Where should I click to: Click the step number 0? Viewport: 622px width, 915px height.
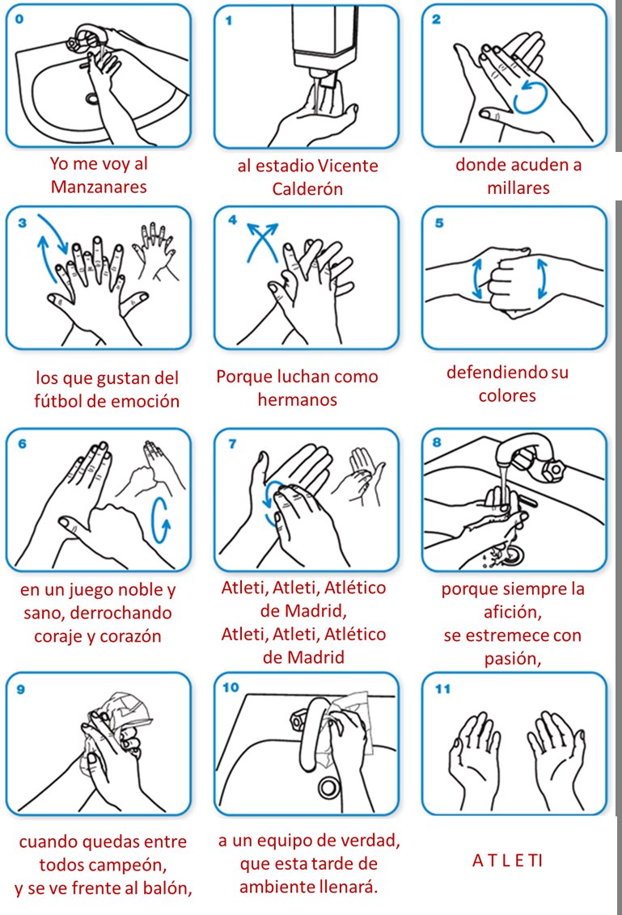[19, 19]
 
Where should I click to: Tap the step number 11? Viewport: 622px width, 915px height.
[442, 689]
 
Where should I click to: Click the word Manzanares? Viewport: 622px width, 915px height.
[99, 187]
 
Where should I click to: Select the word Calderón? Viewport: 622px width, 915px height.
[307, 189]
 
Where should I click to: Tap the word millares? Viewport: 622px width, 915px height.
[518, 188]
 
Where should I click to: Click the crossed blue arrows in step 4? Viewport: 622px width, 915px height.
[262, 239]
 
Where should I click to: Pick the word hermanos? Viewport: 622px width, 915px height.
[298, 400]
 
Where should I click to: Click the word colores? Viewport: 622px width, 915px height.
[507, 395]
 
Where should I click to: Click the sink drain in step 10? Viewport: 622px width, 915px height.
[329, 787]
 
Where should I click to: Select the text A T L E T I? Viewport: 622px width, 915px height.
[507, 861]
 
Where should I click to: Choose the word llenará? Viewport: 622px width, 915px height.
[348, 887]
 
